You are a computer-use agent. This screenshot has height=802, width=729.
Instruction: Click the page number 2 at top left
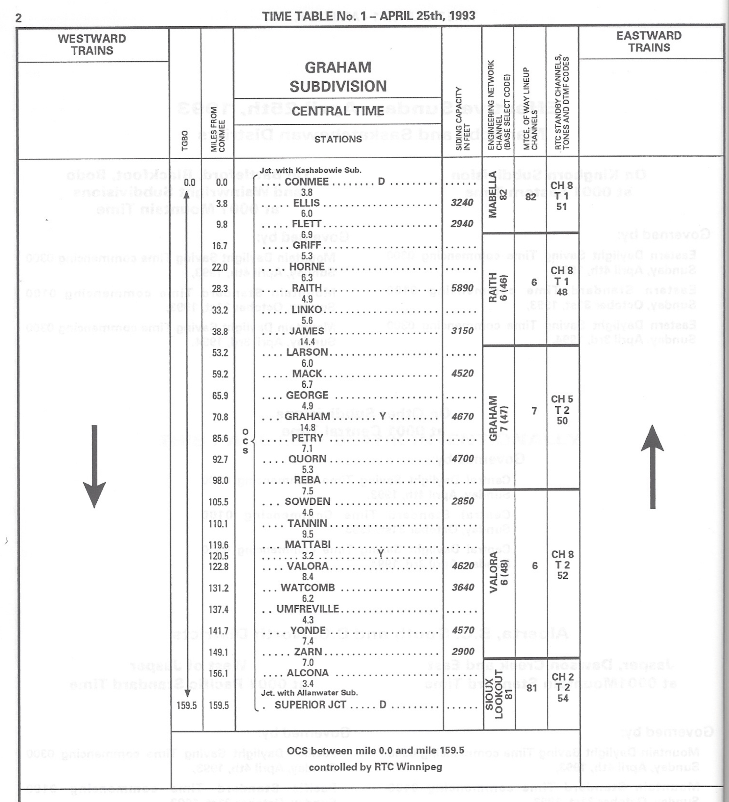pos(18,18)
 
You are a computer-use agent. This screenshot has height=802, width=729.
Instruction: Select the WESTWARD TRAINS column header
pos(92,45)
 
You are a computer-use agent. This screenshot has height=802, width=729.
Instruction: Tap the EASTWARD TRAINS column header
pos(649,42)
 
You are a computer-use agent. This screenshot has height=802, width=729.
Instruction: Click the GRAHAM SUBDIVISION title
pos(338,77)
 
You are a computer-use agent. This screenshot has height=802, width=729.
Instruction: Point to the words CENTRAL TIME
pos(338,111)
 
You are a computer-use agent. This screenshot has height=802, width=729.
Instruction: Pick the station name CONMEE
pos(307,182)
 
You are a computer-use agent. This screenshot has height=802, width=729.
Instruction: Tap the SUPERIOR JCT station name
pos(310,705)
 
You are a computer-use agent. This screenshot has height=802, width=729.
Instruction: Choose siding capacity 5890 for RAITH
pos(462,288)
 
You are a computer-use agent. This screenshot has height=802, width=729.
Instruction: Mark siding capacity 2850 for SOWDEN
pos(462,501)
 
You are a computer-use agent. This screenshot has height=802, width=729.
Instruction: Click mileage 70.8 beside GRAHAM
pos(220,417)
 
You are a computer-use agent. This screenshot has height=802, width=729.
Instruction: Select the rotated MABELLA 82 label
pos(497,195)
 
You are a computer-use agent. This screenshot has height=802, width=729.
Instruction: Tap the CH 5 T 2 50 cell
pos(562,410)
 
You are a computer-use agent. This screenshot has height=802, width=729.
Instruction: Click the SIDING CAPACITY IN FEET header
pos(462,118)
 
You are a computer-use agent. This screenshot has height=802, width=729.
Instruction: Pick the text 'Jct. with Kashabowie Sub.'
pos(310,170)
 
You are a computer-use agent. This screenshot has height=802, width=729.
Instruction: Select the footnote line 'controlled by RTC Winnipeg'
pos(375,767)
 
